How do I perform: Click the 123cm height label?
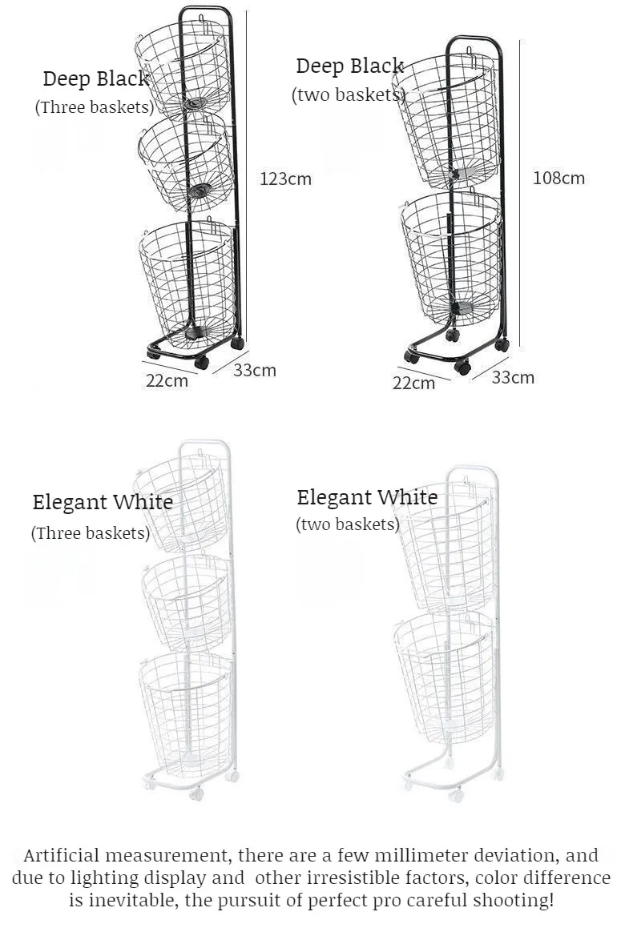[x=285, y=179]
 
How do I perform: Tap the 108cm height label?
[x=559, y=178]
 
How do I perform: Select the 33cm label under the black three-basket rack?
[x=255, y=370]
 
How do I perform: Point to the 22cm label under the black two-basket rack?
[x=413, y=383]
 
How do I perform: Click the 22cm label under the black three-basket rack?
[x=167, y=380]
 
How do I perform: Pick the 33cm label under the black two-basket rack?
[x=513, y=377]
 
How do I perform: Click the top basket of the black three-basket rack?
[x=182, y=66]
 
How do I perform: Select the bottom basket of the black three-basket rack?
[x=188, y=279]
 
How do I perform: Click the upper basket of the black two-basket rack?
[x=447, y=119]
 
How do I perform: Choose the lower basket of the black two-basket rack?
[x=452, y=258]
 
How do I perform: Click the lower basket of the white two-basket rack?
[x=445, y=677]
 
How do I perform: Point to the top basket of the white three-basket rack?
[x=181, y=501]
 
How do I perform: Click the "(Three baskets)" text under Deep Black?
[x=95, y=106]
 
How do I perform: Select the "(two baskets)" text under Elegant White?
[x=348, y=524]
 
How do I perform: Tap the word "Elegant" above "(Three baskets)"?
[x=69, y=503]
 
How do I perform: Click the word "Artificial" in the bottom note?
[x=61, y=855]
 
